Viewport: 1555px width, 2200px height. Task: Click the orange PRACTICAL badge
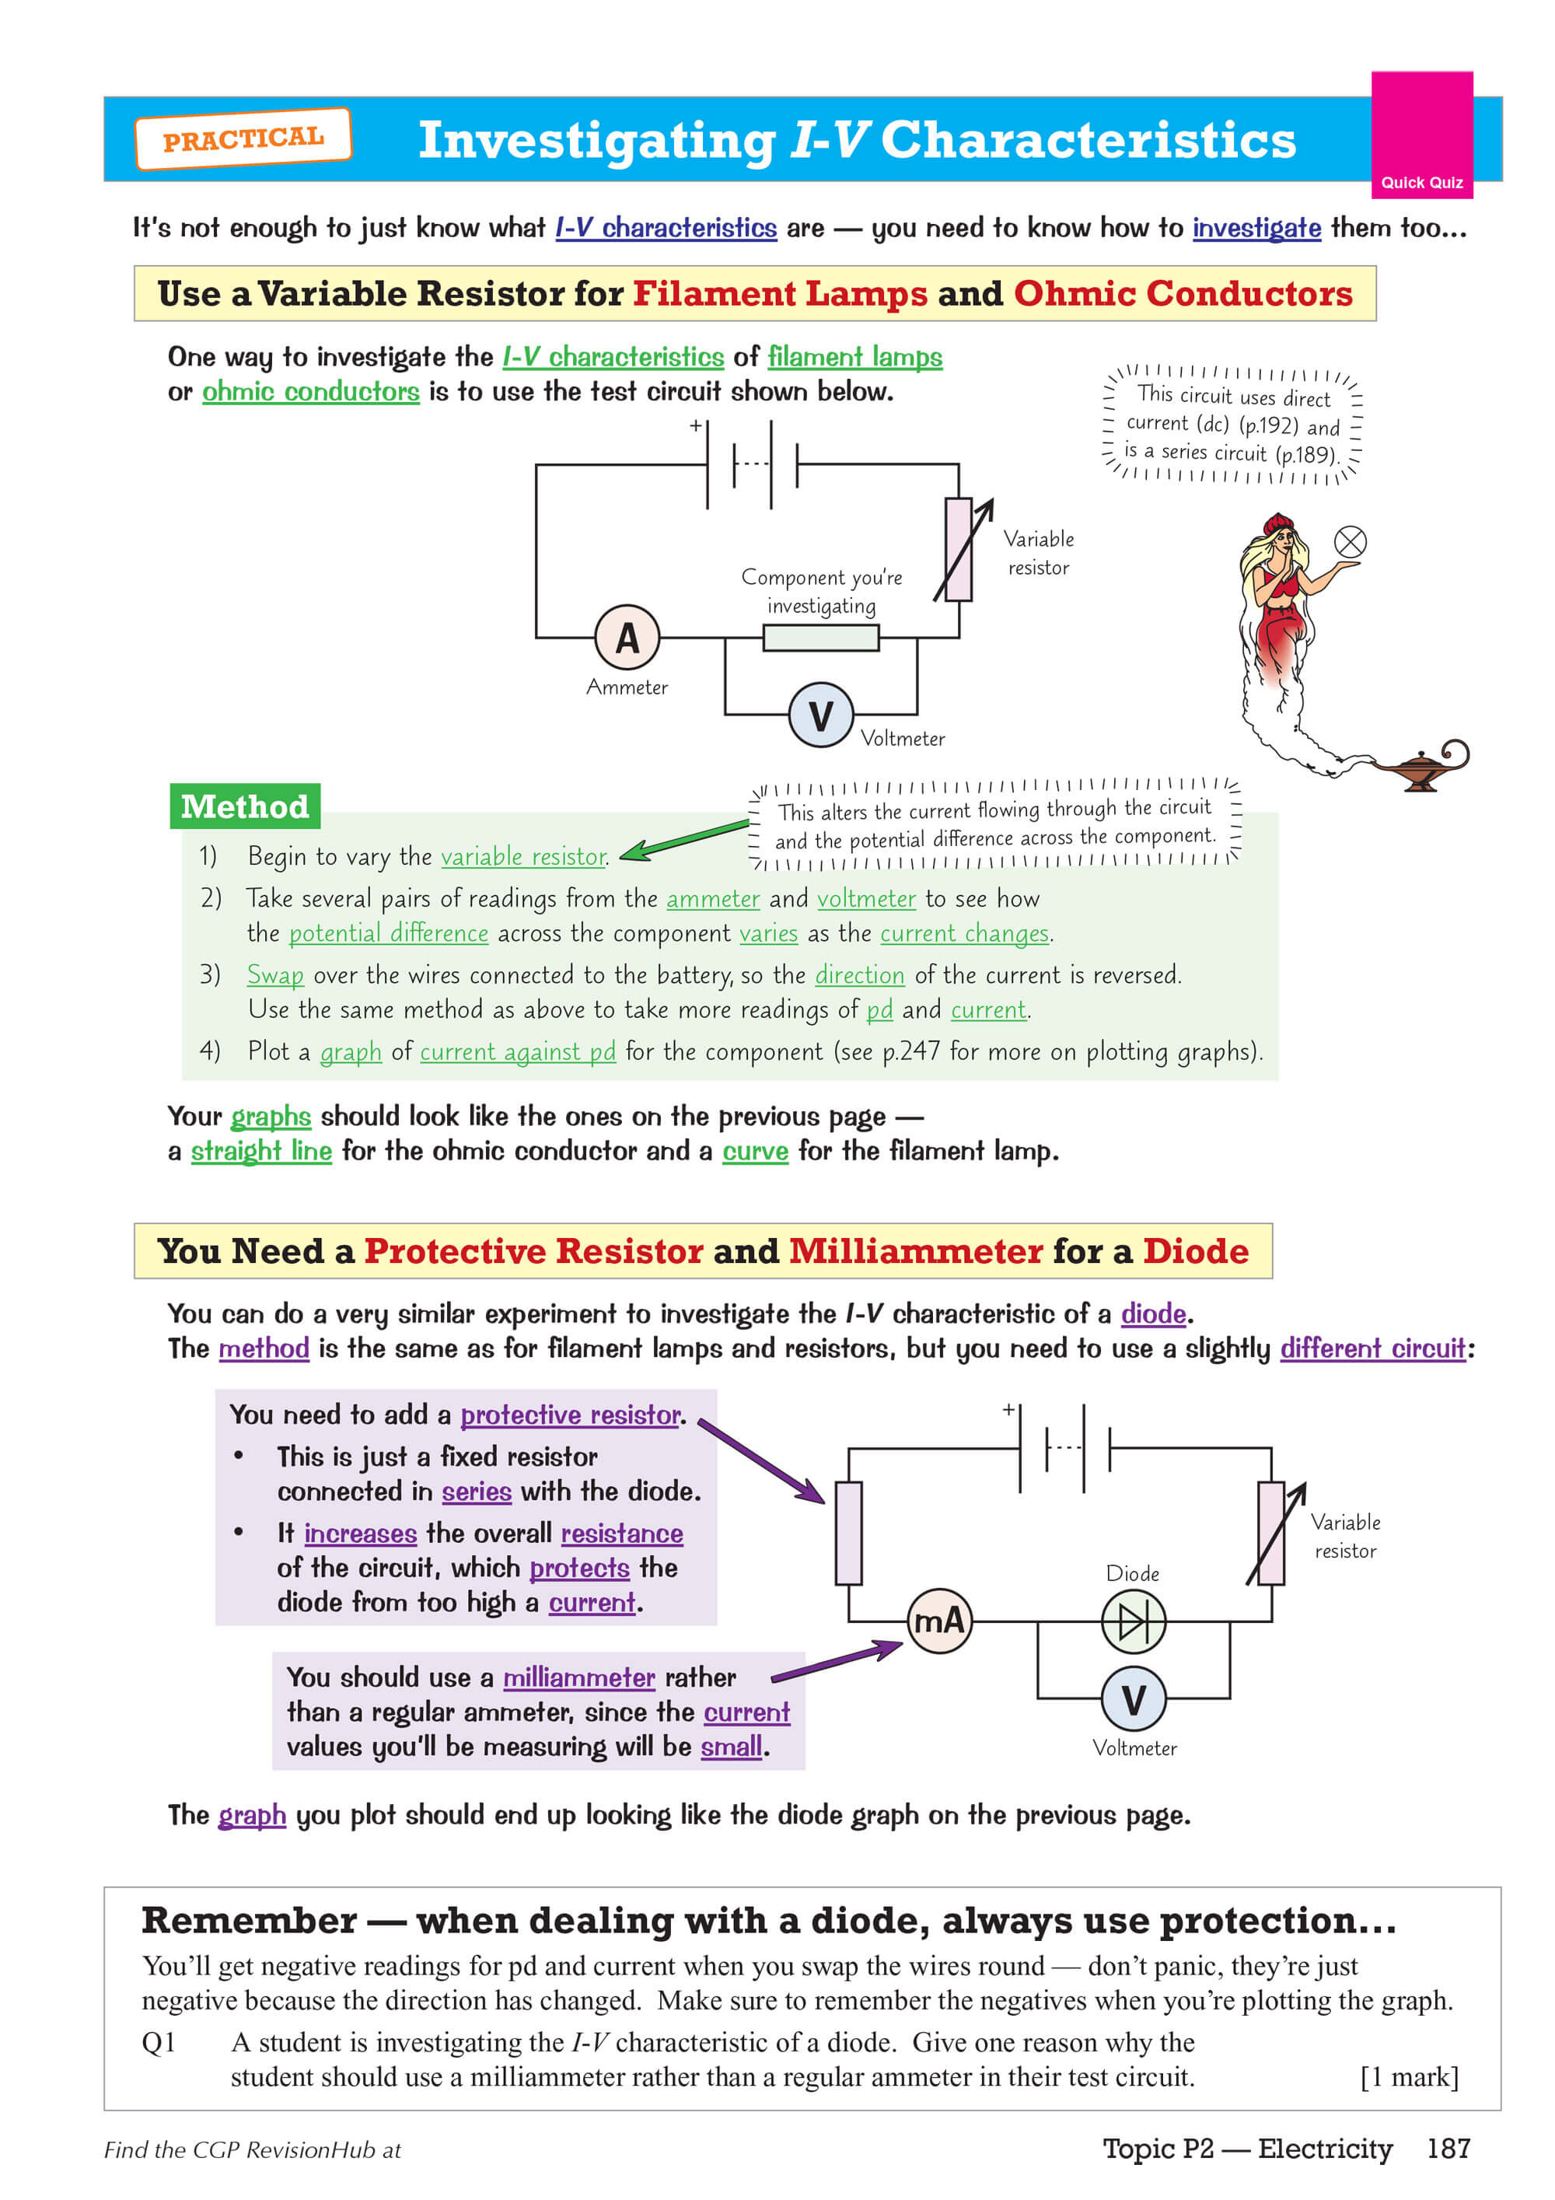243,139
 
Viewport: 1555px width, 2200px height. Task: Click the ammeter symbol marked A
627,637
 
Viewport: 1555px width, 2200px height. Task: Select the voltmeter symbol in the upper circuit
820,715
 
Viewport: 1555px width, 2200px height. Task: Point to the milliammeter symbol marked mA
939,1621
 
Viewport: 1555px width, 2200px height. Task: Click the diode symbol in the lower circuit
1134,1621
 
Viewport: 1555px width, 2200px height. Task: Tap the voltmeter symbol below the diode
1134,1699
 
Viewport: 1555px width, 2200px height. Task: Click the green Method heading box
244,806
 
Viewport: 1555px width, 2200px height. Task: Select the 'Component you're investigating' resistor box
820,637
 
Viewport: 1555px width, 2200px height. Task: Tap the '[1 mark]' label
1408,2076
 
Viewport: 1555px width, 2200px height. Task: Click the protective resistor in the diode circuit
848,1533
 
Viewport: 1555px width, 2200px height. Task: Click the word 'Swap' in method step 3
275,974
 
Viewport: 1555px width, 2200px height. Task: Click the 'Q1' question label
159,2042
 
